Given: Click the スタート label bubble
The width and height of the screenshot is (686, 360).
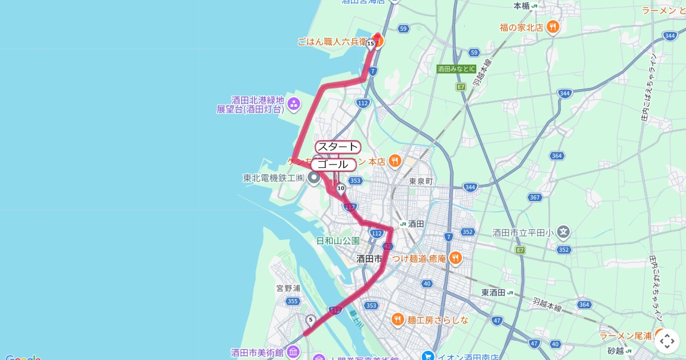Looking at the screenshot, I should point(337,147).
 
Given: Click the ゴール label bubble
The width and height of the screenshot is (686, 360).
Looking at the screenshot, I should point(333,165).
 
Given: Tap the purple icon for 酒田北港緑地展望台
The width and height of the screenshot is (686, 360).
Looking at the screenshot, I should point(294,103).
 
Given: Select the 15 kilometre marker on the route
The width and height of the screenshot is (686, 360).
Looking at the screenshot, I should point(370,43).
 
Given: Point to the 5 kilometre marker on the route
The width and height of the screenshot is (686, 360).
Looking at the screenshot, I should point(310,320).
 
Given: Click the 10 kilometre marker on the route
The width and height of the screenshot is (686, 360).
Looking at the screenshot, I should point(341,188).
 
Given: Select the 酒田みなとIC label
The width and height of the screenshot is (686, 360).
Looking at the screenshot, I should point(456,69).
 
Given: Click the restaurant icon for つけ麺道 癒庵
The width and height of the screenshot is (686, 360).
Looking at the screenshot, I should point(456,258).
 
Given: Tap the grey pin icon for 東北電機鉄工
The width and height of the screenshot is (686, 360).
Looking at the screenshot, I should point(314,178).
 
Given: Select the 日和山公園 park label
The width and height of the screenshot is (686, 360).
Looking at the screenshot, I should point(338,241).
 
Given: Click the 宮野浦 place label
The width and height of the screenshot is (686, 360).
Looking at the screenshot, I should point(288,289).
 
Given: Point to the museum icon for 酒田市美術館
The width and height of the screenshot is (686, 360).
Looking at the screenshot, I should point(293,352).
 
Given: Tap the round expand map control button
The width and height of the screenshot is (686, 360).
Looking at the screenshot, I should point(667,341).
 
